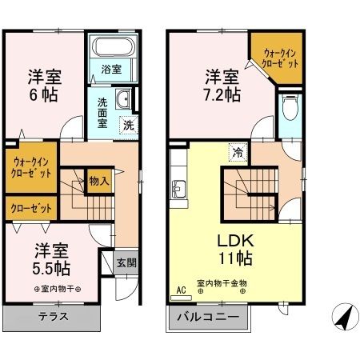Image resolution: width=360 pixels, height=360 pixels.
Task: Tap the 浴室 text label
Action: (x=111, y=70)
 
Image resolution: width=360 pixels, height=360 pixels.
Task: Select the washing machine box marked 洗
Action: (x=127, y=124)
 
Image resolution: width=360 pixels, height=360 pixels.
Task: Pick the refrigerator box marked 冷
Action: (x=238, y=150)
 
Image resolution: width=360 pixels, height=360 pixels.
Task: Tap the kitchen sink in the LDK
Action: (x=178, y=190)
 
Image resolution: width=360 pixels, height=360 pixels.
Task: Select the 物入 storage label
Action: (x=99, y=182)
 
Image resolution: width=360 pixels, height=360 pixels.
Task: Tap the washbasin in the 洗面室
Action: (x=123, y=99)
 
